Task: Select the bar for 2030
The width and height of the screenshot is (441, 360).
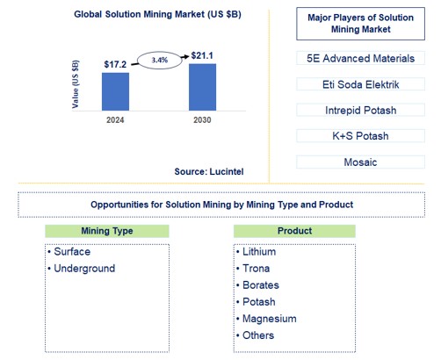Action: (203, 84)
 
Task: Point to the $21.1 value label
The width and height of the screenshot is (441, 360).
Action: (203, 55)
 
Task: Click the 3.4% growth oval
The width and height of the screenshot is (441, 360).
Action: (159, 60)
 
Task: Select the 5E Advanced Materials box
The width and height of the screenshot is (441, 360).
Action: (360, 60)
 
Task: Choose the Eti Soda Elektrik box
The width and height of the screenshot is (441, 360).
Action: (360, 85)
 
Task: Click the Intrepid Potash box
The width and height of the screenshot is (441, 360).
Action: (360, 111)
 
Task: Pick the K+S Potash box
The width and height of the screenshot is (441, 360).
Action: (360, 136)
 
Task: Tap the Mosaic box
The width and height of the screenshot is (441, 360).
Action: (360, 162)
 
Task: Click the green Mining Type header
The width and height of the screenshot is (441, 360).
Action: (107, 231)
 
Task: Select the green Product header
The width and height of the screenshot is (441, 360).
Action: (294, 231)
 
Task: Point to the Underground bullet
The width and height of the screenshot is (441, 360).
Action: (84, 268)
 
